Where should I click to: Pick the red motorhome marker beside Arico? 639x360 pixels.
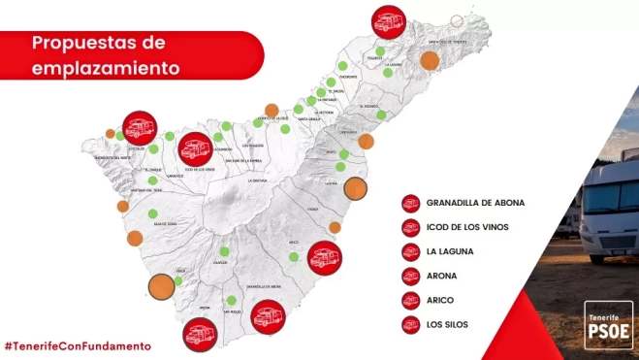322,258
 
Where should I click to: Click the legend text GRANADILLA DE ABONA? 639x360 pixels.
475,202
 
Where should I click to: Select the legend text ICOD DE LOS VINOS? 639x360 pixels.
467,227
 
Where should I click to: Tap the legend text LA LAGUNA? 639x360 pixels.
450,251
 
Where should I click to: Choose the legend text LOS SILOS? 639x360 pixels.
449,324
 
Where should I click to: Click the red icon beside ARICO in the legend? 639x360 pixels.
410,300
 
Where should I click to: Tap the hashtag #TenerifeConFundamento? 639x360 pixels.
78,345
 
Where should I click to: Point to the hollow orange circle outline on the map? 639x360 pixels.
458,21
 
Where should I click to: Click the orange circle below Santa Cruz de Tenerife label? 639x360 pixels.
430,60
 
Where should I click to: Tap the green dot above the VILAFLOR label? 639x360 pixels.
224,251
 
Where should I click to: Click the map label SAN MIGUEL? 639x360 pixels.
230,312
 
